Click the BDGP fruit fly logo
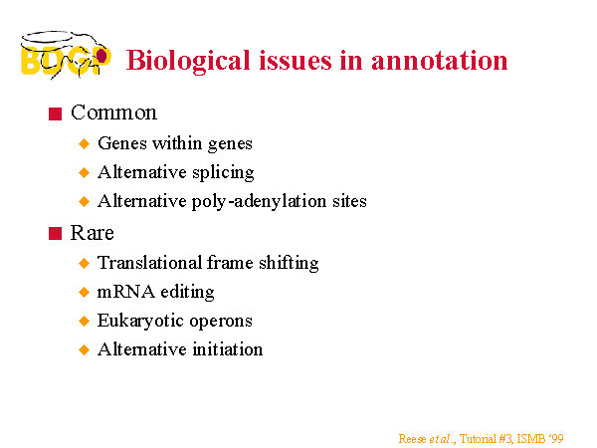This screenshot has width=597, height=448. point(66,55)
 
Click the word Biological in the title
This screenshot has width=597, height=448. point(188,61)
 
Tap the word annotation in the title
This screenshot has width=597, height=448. point(440,61)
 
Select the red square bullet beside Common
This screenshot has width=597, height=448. point(55,113)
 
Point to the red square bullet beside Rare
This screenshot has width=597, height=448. point(55,234)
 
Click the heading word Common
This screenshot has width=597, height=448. point(113,112)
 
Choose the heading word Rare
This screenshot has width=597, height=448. point(93,233)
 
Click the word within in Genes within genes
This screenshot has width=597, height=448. point(177,143)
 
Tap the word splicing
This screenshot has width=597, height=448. point(223,173)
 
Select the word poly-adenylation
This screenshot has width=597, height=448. point(259,201)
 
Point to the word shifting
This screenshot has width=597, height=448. point(289,264)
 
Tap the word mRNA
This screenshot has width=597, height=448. point(126,292)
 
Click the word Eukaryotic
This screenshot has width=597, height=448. point(141,322)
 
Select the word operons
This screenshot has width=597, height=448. point(221,322)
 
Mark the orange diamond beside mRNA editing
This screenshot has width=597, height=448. point(85,292)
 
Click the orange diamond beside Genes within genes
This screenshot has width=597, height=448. point(85,144)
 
